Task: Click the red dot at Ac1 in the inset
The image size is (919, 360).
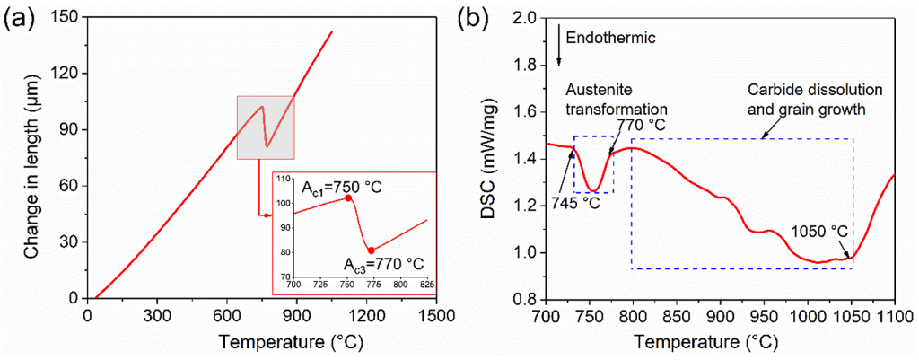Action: point(347,198)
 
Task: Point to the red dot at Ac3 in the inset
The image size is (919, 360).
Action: point(370,250)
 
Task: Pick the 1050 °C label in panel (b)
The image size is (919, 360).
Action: point(818,230)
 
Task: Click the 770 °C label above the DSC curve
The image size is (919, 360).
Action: point(640,125)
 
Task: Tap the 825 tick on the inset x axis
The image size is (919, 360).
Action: point(427,284)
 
